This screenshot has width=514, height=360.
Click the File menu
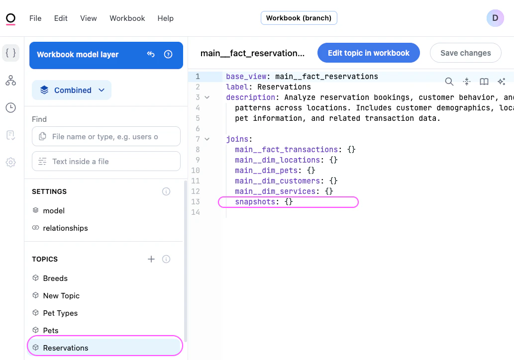click(x=35, y=18)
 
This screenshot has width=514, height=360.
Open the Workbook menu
click(x=127, y=18)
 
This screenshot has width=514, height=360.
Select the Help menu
click(x=166, y=18)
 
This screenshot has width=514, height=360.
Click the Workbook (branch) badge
click(x=299, y=18)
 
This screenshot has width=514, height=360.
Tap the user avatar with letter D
click(x=495, y=18)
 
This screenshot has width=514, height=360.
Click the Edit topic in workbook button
click(x=368, y=53)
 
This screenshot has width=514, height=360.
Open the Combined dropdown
click(x=72, y=90)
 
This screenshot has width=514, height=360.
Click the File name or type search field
click(x=106, y=136)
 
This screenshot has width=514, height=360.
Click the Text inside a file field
click(x=106, y=161)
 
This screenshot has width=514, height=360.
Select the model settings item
click(x=54, y=211)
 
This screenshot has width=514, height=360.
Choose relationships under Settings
click(x=65, y=228)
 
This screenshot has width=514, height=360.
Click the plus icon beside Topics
click(x=151, y=259)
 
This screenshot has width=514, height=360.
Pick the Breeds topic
click(x=55, y=278)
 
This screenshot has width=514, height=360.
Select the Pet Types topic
click(x=60, y=313)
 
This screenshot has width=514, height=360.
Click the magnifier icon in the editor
click(x=449, y=82)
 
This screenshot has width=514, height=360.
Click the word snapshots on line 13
click(x=255, y=202)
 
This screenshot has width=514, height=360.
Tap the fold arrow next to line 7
click(x=207, y=139)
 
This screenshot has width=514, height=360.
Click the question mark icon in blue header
click(x=168, y=54)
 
